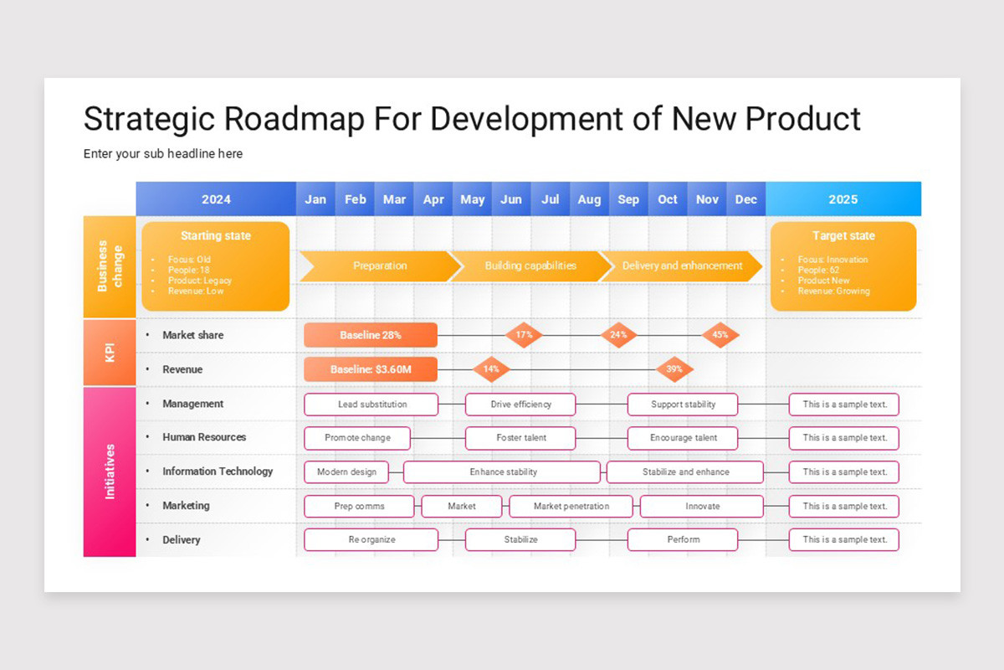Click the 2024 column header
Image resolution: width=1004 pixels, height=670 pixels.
point(216,199)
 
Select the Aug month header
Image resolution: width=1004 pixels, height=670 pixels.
point(589,199)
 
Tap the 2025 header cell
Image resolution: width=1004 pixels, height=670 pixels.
point(843,199)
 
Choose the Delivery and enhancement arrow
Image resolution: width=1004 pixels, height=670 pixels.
point(682,265)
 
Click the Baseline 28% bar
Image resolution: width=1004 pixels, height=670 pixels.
point(370,335)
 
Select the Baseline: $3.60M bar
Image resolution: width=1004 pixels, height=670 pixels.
point(370,369)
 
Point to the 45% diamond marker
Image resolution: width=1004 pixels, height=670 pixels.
point(720,335)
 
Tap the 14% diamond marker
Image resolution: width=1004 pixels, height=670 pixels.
point(491,369)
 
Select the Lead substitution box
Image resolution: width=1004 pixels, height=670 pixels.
point(371,405)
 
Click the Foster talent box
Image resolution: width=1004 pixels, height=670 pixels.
point(520,438)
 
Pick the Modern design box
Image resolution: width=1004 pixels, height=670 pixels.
point(346,472)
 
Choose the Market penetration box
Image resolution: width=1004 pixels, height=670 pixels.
point(571,507)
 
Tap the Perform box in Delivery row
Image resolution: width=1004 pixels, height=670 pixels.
point(683,540)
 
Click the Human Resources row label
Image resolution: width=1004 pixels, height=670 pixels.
point(204,437)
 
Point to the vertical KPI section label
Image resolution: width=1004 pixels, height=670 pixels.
point(110,353)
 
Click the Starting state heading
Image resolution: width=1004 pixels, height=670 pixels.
point(216,236)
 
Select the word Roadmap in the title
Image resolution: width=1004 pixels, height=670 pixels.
point(295,119)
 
